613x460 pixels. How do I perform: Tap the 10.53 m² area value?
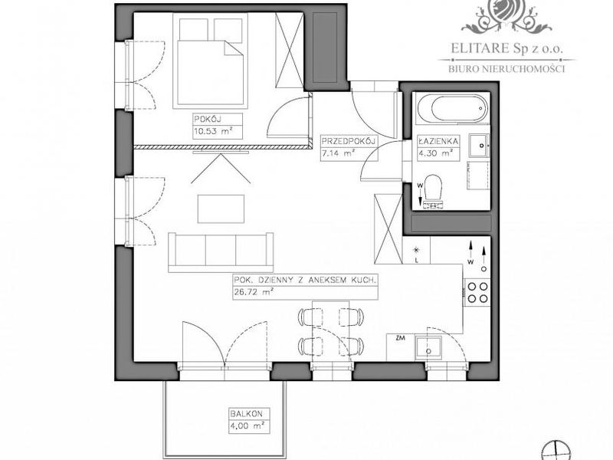[x=213, y=131]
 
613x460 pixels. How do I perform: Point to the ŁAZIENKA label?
[x=438, y=141]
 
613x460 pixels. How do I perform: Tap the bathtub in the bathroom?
[x=452, y=108]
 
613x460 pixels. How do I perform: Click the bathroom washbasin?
[x=478, y=146]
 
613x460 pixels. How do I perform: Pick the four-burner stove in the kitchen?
[x=477, y=292]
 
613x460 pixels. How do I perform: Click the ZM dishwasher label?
[x=400, y=339]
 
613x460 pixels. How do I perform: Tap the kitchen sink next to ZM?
[x=428, y=347]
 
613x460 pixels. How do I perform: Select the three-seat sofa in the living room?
[x=221, y=252]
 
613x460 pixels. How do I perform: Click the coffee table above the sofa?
[x=221, y=209]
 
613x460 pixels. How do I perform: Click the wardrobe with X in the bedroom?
[x=290, y=50]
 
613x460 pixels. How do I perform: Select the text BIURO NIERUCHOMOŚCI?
[x=506, y=69]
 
